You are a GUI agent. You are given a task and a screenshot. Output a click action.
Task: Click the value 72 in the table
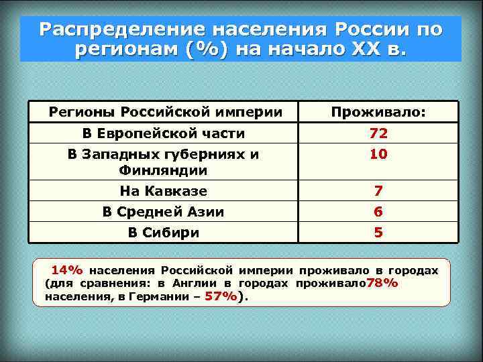378,133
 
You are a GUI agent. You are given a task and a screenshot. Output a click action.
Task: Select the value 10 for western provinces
378,154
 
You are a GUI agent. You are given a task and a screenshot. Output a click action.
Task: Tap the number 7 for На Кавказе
378,192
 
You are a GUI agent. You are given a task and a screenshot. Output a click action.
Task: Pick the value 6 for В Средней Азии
378,213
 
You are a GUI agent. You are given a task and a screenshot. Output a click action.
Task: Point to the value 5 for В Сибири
378,233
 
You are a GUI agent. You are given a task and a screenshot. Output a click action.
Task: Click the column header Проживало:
378,111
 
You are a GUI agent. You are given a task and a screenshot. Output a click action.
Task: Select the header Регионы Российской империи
165,111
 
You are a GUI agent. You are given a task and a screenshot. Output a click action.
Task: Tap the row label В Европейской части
164,133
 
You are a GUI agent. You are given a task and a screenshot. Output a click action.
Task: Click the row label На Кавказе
164,192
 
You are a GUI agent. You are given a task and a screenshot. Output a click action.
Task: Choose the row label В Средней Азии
164,213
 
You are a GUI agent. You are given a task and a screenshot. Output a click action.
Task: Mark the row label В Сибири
164,233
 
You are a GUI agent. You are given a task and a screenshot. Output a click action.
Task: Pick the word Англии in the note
193,283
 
